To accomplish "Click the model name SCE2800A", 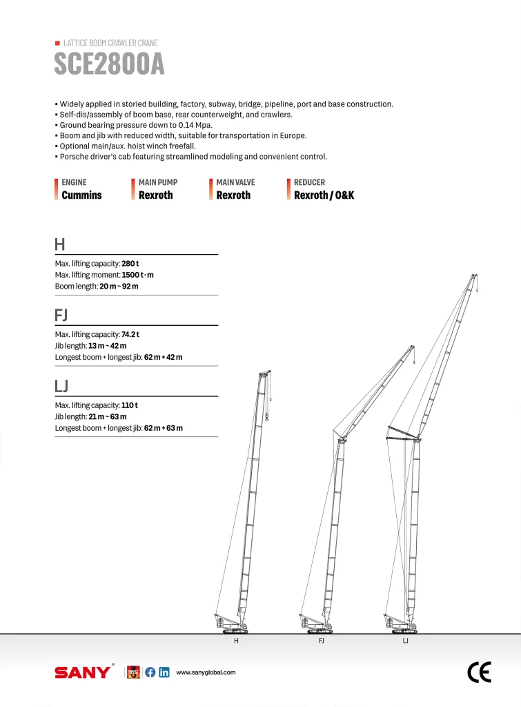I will [109, 65].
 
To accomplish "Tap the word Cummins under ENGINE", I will [81, 195].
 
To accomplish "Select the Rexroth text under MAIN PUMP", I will [156, 195].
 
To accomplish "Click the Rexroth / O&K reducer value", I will [324, 195].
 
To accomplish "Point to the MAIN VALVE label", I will [235, 182].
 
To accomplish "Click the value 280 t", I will [130, 264].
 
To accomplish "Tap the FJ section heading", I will [61, 315].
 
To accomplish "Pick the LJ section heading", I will [61, 385].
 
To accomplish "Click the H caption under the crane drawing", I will [236, 641].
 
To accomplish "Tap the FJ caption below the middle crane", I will [321, 641].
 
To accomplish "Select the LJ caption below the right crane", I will [405, 641].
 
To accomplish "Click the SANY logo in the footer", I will [82, 672].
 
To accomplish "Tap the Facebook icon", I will [150, 672].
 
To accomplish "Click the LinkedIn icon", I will [164, 672].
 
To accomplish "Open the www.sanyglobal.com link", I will [206, 672].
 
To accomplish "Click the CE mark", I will [479, 672].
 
